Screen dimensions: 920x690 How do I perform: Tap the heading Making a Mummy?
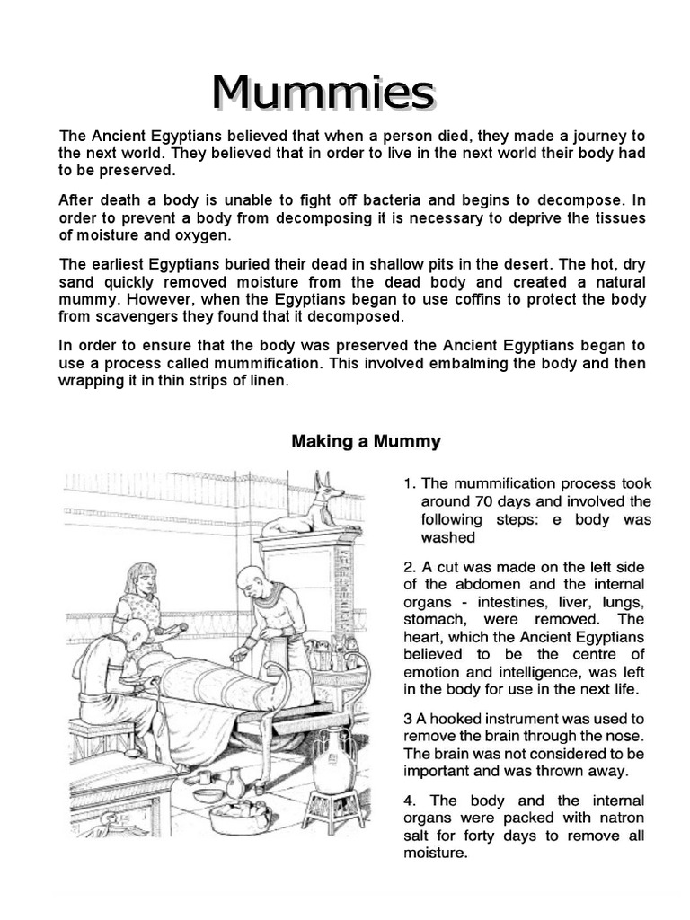point(366,441)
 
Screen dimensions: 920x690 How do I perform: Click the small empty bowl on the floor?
point(208,794)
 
